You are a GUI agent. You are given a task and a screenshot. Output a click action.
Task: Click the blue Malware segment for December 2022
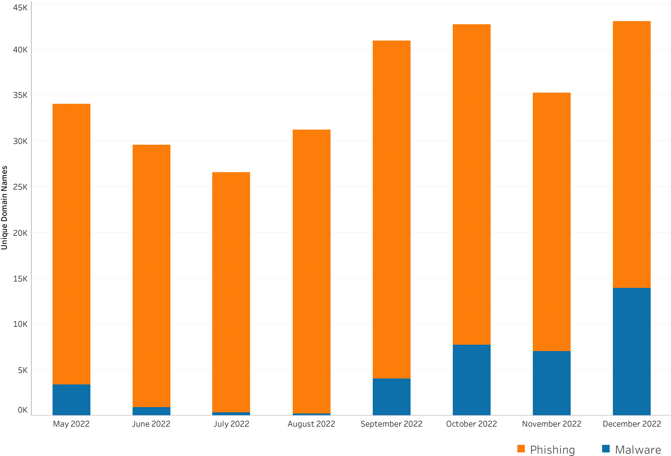point(632,351)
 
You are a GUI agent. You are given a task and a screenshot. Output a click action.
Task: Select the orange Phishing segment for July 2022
point(231,292)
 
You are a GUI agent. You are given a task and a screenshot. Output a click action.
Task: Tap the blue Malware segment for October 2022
point(471,380)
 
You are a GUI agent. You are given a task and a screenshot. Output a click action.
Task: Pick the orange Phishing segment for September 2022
point(391,210)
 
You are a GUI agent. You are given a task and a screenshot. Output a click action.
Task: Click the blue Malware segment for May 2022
point(71,400)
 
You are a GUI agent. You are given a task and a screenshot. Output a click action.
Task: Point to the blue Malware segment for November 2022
point(552,383)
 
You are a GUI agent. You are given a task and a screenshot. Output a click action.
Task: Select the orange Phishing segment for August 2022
point(311,272)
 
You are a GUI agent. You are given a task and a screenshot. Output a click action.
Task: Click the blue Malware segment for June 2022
point(151,411)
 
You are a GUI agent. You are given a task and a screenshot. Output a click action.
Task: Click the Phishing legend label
point(552,449)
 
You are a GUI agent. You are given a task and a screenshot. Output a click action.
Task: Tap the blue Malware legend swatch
point(606,448)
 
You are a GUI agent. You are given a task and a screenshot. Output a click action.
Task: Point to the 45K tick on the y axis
point(20,8)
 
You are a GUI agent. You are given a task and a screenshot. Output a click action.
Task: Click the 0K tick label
point(22,409)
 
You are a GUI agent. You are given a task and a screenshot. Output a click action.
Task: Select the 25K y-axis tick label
point(20,187)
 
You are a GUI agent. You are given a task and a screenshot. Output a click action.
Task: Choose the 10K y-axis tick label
point(20,324)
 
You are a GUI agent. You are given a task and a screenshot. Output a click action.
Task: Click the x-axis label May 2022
point(71,424)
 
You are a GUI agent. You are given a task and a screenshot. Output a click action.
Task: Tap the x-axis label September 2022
point(391,424)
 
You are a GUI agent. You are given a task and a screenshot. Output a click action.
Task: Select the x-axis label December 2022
point(632,424)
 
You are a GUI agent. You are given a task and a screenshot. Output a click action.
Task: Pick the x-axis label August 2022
point(311,424)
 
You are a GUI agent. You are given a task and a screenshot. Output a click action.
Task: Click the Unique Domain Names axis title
point(4,208)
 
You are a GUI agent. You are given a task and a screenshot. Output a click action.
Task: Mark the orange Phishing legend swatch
point(521,448)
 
